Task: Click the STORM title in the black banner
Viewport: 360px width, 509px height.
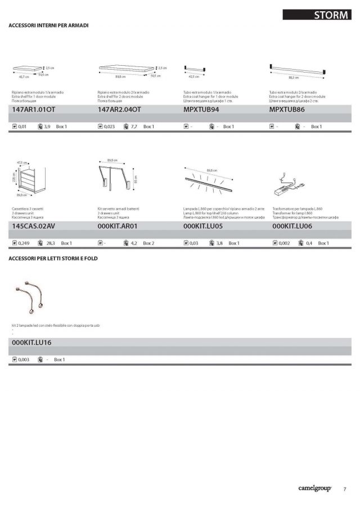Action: tap(331, 15)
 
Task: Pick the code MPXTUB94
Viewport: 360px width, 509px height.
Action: tap(201, 110)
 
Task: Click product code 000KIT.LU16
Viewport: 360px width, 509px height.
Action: tap(32, 342)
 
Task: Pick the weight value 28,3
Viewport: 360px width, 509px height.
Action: tap(50, 243)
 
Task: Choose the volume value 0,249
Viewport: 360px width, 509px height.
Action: tap(24, 243)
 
